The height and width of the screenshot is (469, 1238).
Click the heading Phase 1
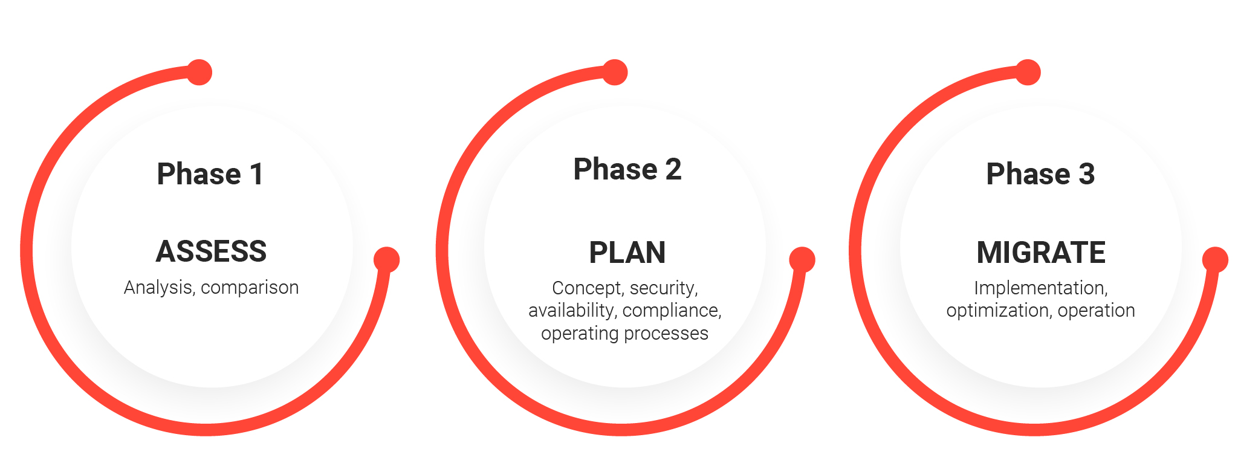(210, 174)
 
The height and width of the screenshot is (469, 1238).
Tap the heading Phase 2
(627, 169)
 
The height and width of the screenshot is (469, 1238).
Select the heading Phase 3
(1040, 174)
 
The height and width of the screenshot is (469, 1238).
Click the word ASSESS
(211, 251)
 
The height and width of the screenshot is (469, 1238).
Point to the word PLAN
(627, 253)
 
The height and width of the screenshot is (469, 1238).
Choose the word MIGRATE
(1041, 253)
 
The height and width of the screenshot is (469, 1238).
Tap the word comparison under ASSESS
(250, 288)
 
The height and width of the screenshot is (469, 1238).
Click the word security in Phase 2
(664, 288)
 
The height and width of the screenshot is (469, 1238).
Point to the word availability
(572, 311)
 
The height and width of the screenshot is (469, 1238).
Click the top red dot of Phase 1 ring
(199, 73)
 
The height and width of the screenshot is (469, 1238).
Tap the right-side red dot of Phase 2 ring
(802, 260)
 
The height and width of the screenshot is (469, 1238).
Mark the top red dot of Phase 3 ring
(1028, 73)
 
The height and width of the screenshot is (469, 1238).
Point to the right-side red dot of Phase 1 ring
(387, 260)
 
